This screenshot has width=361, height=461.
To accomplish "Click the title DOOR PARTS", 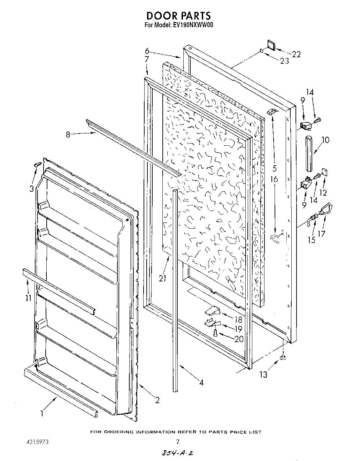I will click(178, 16).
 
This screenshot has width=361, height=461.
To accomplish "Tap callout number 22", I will click(296, 54).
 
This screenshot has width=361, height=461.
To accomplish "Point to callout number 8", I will click(68, 134).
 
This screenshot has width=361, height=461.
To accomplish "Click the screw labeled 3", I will click(38, 164).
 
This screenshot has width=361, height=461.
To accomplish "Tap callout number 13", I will click(263, 375).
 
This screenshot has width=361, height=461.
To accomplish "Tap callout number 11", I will click(29, 298).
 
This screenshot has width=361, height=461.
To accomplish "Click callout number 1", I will click(41, 414).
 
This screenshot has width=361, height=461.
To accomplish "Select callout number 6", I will click(147, 51).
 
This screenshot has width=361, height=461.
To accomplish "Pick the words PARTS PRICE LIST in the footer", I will click(235, 432).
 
